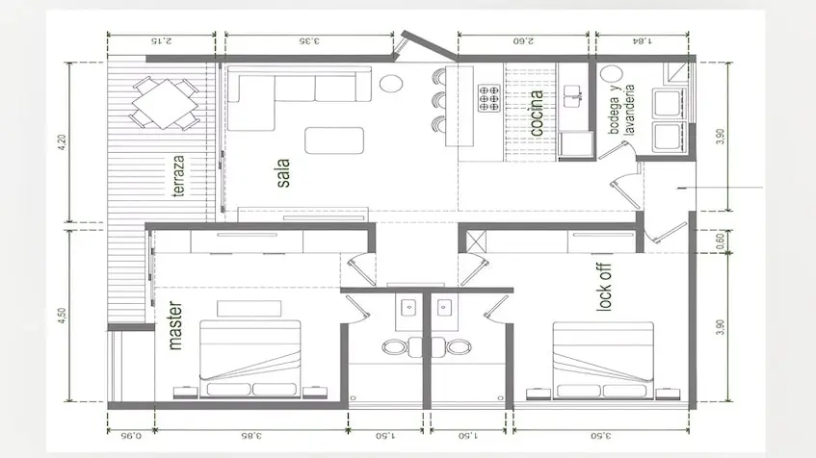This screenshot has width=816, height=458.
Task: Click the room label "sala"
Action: (x=283, y=173)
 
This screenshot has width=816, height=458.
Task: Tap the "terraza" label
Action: (x=178, y=176)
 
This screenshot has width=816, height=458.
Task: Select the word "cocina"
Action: (x=537, y=114)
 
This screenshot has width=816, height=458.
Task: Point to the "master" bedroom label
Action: (x=175, y=325)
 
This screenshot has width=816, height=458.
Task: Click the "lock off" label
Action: (x=604, y=288)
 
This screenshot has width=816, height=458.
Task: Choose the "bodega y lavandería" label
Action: (x=621, y=110)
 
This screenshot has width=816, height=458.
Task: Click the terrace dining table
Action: (x=165, y=104)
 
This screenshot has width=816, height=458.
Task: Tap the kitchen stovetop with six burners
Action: (x=488, y=98)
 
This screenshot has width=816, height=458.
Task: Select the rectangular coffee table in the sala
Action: (x=334, y=140)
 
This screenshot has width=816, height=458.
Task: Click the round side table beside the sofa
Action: (x=391, y=83)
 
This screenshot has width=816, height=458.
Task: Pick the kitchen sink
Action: (x=572, y=96)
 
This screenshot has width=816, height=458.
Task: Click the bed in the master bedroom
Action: (x=250, y=359)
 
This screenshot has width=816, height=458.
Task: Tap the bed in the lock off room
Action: (x=603, y=361)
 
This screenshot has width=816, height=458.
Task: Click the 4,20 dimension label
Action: (x=63, y=142)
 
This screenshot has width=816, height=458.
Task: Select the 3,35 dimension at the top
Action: (x=308, y=40)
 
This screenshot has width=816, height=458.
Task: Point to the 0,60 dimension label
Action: (x=720, y=242)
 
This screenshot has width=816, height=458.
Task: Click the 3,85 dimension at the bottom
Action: (x=250, y=435)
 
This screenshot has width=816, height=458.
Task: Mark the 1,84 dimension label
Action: (x=643, y=40)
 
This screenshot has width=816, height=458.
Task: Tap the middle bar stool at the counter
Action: (x=438, y=99)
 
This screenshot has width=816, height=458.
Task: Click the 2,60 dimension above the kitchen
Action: (x=523, y=40)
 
